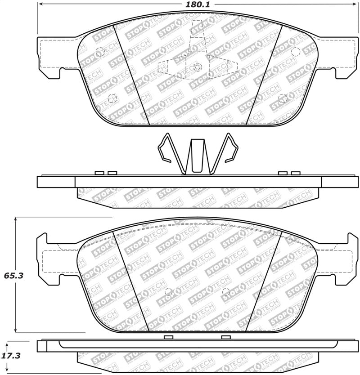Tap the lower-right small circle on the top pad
coord(282,98)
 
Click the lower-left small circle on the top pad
coord(112,98)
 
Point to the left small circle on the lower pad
coord(168,291)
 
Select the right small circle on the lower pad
coord(226,291)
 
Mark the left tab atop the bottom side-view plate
coord(169,337)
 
